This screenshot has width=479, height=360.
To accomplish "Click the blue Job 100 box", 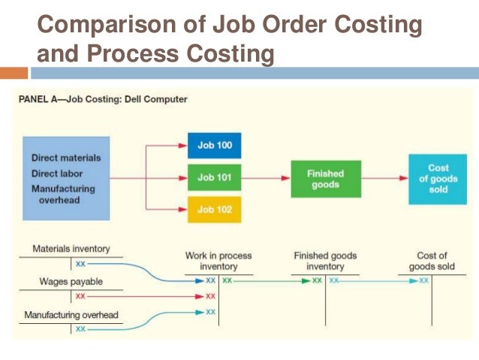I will [214, 145].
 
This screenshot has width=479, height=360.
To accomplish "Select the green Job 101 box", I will [214, 178].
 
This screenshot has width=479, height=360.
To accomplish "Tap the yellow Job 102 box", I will [214, 209].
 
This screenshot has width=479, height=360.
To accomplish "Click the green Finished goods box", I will [325, 179].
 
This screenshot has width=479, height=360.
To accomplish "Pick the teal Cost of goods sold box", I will [438, 179].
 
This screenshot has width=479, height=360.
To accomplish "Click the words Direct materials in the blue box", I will [66, 158].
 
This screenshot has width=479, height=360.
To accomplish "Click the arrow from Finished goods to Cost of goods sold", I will [385, 179].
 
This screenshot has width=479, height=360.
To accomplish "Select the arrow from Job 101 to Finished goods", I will [266, 179].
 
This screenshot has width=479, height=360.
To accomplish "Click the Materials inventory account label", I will [71, 249].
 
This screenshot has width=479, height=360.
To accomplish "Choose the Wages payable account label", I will [70, 282].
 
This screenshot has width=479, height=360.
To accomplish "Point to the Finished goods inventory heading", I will [324, 261].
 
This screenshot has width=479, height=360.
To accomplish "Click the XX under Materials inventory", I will [80, 264].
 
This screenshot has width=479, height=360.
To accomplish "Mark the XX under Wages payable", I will [80, 296].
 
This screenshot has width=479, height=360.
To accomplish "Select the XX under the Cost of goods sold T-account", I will [424, 280].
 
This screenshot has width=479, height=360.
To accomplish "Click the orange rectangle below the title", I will [14, 73].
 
